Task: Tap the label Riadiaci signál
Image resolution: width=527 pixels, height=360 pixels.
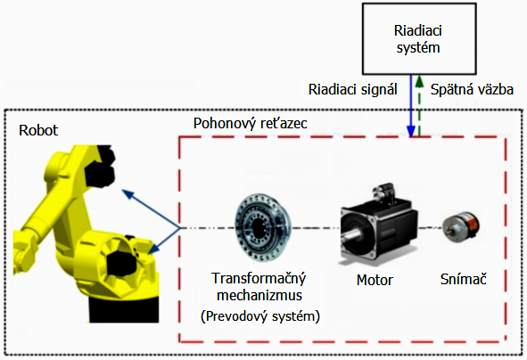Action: coord(353,90)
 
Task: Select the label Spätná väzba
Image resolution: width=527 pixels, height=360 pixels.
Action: coord(472,90)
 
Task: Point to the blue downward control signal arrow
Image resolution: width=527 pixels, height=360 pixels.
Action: coord(411,105)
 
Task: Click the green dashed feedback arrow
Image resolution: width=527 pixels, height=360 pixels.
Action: coord(419,105)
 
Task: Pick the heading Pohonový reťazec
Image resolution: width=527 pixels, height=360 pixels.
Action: coord(250,124)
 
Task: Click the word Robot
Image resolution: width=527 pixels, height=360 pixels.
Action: coord(38,130)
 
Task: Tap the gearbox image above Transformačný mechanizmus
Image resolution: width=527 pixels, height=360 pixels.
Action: coord(262,228)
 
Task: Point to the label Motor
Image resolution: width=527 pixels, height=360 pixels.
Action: coord(375,280)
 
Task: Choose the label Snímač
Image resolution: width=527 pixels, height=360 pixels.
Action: coord(464,279)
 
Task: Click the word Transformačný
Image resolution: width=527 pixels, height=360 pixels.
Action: coord(259,279)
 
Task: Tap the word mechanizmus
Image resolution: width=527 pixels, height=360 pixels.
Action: coord(259,296)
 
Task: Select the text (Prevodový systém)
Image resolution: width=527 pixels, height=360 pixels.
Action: coord(260,316)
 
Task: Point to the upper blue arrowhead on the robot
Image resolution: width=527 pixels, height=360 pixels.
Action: coord(128,193)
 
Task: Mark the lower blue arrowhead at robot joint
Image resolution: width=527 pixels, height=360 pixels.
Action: coord(154,249)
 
